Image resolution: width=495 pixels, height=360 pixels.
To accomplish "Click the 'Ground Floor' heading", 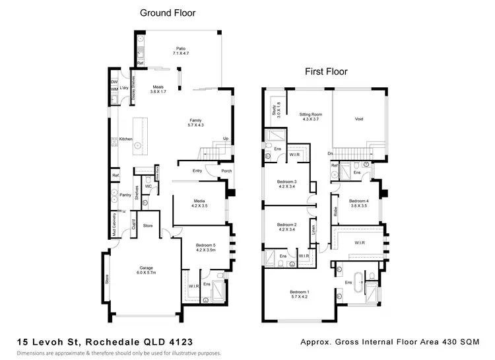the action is coord(168,13).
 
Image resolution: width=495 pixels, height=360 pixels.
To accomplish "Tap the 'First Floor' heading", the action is coord(325,71).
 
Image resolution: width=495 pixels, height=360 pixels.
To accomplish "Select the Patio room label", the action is coord(181,51).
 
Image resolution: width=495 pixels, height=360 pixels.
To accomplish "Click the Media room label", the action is coord(199,203).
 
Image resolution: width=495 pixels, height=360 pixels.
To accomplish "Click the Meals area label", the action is coord(158,89).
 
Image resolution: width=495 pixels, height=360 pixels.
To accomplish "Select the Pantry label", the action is coord(125,195).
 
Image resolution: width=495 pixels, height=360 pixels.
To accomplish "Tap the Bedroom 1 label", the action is coord(300,295).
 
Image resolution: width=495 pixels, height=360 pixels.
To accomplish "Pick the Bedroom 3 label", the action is coord(287,185).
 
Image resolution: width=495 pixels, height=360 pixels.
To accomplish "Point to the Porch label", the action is coord(226,171).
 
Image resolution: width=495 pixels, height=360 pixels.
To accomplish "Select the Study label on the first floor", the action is coord(273,110).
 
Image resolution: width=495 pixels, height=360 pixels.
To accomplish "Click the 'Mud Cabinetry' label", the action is coord(114,224).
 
